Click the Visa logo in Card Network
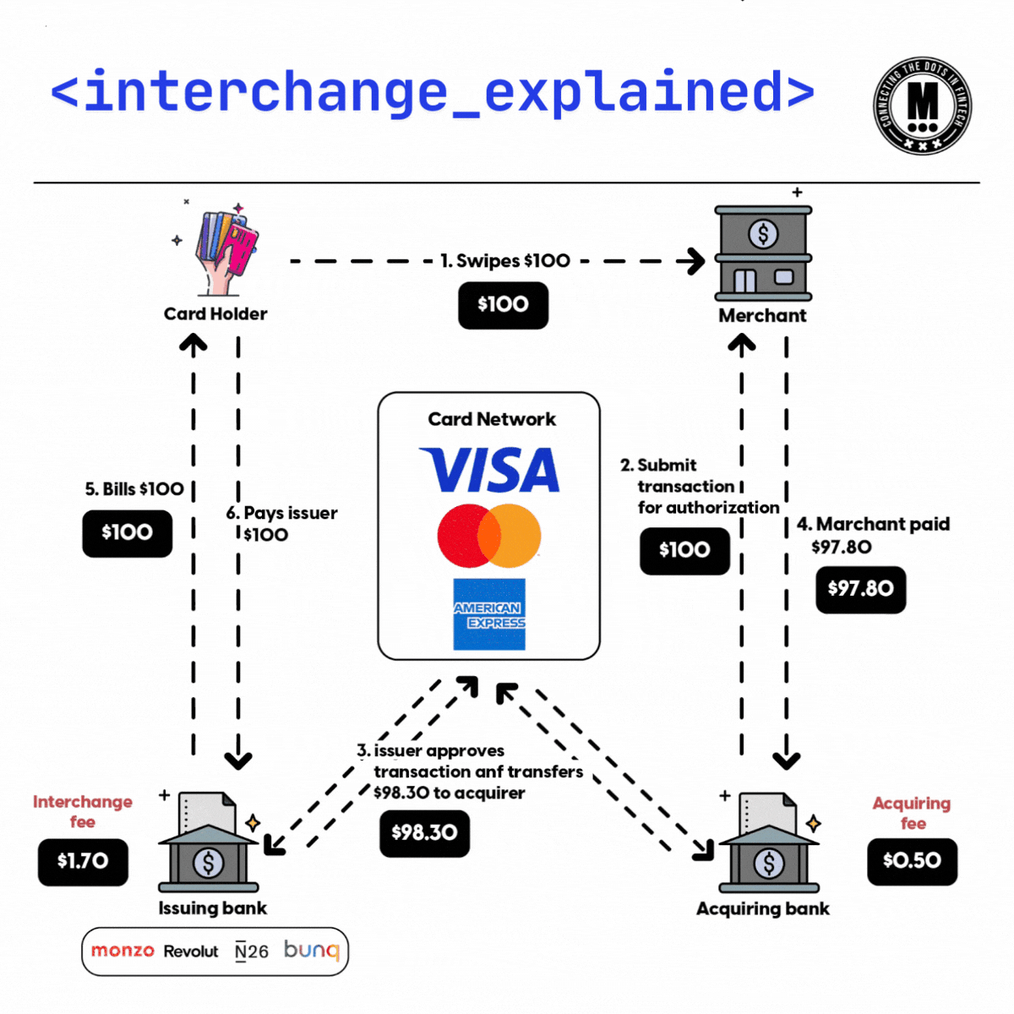490,470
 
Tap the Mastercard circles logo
489,536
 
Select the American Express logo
489,614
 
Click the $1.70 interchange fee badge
83,862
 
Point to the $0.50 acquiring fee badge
912,861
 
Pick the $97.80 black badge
860,589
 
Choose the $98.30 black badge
424,833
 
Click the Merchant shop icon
763,253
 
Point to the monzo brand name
123,951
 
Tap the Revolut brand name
191,951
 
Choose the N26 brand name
252,951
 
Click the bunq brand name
311,951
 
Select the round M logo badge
922,106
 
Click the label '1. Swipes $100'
505,261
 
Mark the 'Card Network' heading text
492,420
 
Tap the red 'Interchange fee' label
83,811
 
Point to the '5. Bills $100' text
134,489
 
